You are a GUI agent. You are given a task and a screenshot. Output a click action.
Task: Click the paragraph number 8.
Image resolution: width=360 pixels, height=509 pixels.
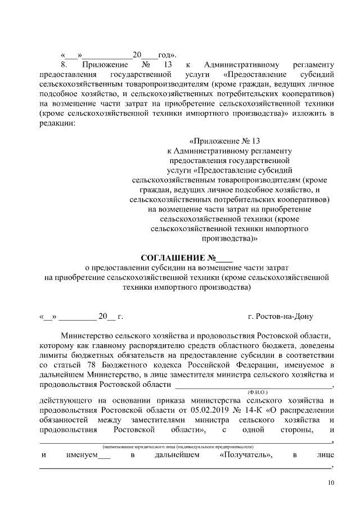click(64, 65)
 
